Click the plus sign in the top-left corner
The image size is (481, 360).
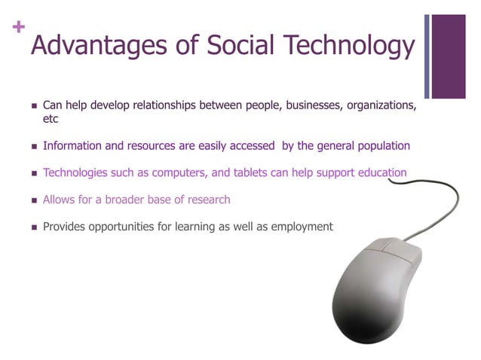click(x=18, y=27)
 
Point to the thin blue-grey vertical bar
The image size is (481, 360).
click(x=427, y=56)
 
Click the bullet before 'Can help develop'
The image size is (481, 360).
click(x=33, y=105)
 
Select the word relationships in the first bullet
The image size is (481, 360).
click(x=162, y=105)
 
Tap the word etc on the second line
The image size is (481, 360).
click(x=51, y=119)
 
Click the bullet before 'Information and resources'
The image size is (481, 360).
click(x=33, y=146)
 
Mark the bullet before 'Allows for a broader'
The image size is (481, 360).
click(x=33, y=200)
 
